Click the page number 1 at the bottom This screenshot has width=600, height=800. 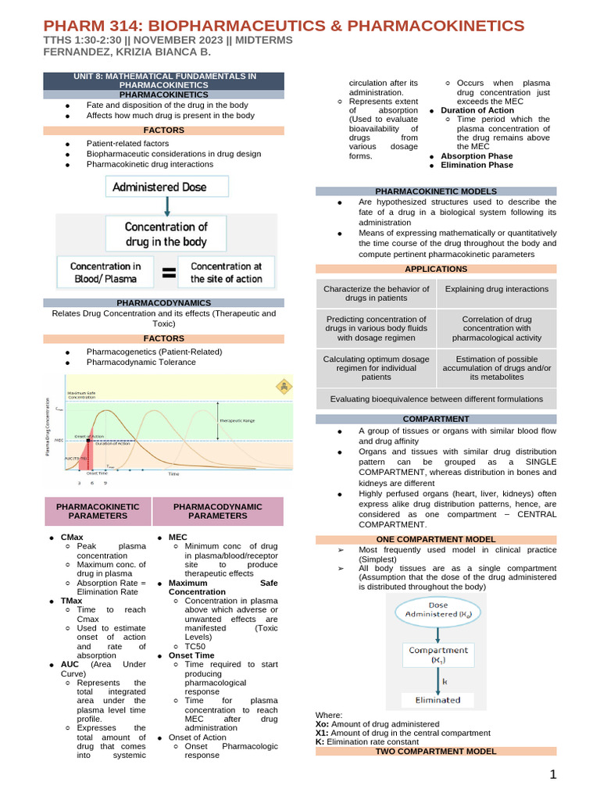tap(552, 775)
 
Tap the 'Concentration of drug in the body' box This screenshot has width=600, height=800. tap(166, 234)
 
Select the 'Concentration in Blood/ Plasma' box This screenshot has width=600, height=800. tap(106, 272)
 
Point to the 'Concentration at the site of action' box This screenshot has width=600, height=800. tap(226, 272)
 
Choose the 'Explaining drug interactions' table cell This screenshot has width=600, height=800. tap(496, 289)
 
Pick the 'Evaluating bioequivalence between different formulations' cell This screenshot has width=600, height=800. tap(436, 398)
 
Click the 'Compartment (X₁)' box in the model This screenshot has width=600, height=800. tap(437, 654)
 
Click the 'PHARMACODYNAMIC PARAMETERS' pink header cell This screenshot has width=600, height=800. tap(218, 511)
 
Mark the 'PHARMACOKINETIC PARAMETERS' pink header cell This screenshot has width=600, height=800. tap(98, 511)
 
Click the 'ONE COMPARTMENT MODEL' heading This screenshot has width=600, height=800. tap(436, 539)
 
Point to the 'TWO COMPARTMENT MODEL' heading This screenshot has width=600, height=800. tap(436, 751)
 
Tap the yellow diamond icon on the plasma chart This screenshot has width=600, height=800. tap(282, 386)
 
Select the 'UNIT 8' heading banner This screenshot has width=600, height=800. tap(164, 80)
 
